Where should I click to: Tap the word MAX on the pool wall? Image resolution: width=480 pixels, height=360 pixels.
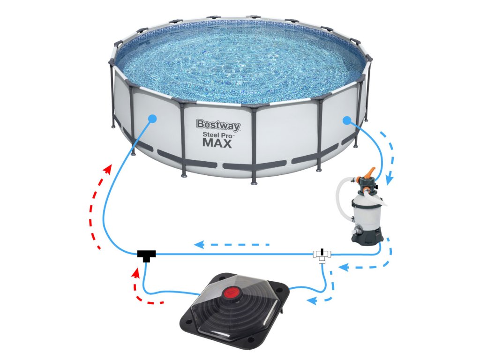coord(217,143)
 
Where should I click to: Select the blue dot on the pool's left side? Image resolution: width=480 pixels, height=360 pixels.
coord(152,119)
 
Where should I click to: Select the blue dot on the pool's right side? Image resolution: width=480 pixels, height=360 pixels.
coord(346,120)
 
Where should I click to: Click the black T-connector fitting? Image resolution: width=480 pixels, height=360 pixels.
coord(146,255)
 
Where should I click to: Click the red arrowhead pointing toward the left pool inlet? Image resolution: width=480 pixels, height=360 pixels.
coord(107,168)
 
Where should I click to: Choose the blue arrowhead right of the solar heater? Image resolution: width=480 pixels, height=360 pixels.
coord(311,301)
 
